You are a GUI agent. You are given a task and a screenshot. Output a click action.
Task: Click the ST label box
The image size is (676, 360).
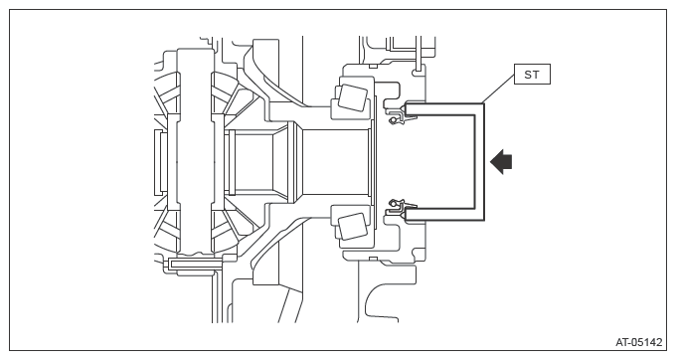point(532,75)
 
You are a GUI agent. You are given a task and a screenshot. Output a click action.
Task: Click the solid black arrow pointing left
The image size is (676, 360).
point(501,162)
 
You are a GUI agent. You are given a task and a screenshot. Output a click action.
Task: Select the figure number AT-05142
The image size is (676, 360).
point(638,342)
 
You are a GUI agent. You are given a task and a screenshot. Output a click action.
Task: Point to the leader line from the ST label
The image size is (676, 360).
point(497,89)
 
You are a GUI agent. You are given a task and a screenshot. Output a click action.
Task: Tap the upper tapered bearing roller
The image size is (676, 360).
point(353,97)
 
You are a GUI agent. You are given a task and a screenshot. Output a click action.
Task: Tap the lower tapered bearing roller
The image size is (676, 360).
point(353,227)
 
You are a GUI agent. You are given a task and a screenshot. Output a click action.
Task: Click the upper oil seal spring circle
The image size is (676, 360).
point(393,120)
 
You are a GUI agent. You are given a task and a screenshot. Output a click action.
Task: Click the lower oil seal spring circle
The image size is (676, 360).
point(394,202)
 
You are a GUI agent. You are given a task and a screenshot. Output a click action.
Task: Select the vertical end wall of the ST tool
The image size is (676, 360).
point(479,162)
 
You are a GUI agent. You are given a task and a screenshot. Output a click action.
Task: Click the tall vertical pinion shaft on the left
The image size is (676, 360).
point(195,151)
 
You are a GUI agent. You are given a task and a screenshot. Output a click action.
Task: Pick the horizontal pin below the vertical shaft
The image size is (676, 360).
point(195,264)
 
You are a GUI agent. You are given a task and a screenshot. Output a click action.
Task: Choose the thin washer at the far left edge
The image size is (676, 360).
point(157,162)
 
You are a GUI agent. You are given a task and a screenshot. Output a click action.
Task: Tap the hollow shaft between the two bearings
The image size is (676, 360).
point(336,162)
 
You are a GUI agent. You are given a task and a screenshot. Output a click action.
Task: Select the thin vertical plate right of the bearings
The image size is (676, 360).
point(375,162)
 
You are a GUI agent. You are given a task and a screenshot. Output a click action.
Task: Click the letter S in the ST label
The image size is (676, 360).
point(528,75)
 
